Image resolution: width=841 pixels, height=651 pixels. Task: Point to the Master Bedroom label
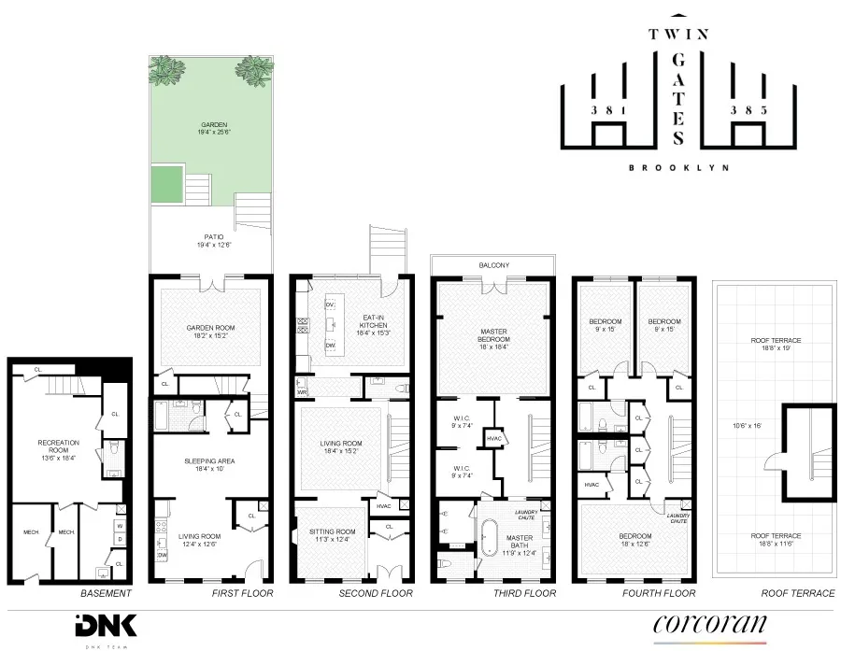click(x=492, y=336)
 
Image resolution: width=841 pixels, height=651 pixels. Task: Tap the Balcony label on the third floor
click(x=493, y=265)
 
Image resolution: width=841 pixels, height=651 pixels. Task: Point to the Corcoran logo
click(x=709, y=623)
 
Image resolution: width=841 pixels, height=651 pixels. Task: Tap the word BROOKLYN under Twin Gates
click(x=678, y=168)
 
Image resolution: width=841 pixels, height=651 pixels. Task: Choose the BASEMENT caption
click(x=104, y=593)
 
